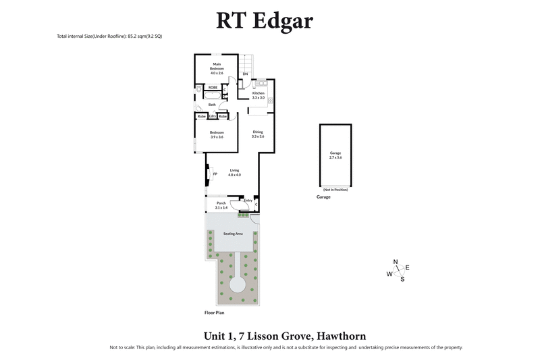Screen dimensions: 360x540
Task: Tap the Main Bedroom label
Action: point(217,66)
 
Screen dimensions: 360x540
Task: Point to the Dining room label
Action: point(257,132)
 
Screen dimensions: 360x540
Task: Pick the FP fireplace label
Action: point(215,174)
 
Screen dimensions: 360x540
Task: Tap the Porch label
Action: point(221,203)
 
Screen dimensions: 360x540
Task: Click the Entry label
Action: point(248,200)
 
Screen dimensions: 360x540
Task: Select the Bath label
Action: point(212,105)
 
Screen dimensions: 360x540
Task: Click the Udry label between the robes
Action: point(212,117)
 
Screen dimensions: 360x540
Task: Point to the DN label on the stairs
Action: point(245,74)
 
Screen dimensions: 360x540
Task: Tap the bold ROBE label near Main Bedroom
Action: point(212,88)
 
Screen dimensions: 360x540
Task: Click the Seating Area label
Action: point(234,234)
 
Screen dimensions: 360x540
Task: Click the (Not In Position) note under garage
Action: point(335,189)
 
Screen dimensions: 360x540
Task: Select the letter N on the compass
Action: point(396,262)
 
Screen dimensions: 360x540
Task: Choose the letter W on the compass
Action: point(389,274)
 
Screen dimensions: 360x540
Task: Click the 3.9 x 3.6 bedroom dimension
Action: point(217,137)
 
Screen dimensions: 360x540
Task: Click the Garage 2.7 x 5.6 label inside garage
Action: point(335,155)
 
